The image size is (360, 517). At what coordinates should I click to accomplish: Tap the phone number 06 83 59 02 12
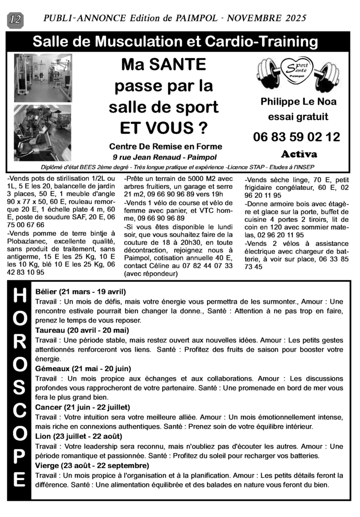point(296,137)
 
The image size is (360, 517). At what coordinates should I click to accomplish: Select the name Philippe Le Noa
point(298,101)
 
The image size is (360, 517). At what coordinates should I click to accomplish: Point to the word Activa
point(299,154)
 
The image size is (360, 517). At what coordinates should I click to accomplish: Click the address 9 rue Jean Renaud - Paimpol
point(166,157)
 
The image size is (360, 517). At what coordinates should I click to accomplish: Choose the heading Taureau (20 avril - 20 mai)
point(82,330)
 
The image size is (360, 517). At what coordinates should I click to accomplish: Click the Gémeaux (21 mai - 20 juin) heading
point(83,369)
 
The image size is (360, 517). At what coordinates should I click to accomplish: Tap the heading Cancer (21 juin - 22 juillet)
point(83,407)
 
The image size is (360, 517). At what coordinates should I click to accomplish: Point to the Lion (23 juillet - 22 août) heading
point(79,436)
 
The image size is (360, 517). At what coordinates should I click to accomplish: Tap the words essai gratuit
point(298,117)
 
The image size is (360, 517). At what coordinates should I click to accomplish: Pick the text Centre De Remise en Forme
point(167,146)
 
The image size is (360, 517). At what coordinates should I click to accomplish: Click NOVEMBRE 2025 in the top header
point(267,19)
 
